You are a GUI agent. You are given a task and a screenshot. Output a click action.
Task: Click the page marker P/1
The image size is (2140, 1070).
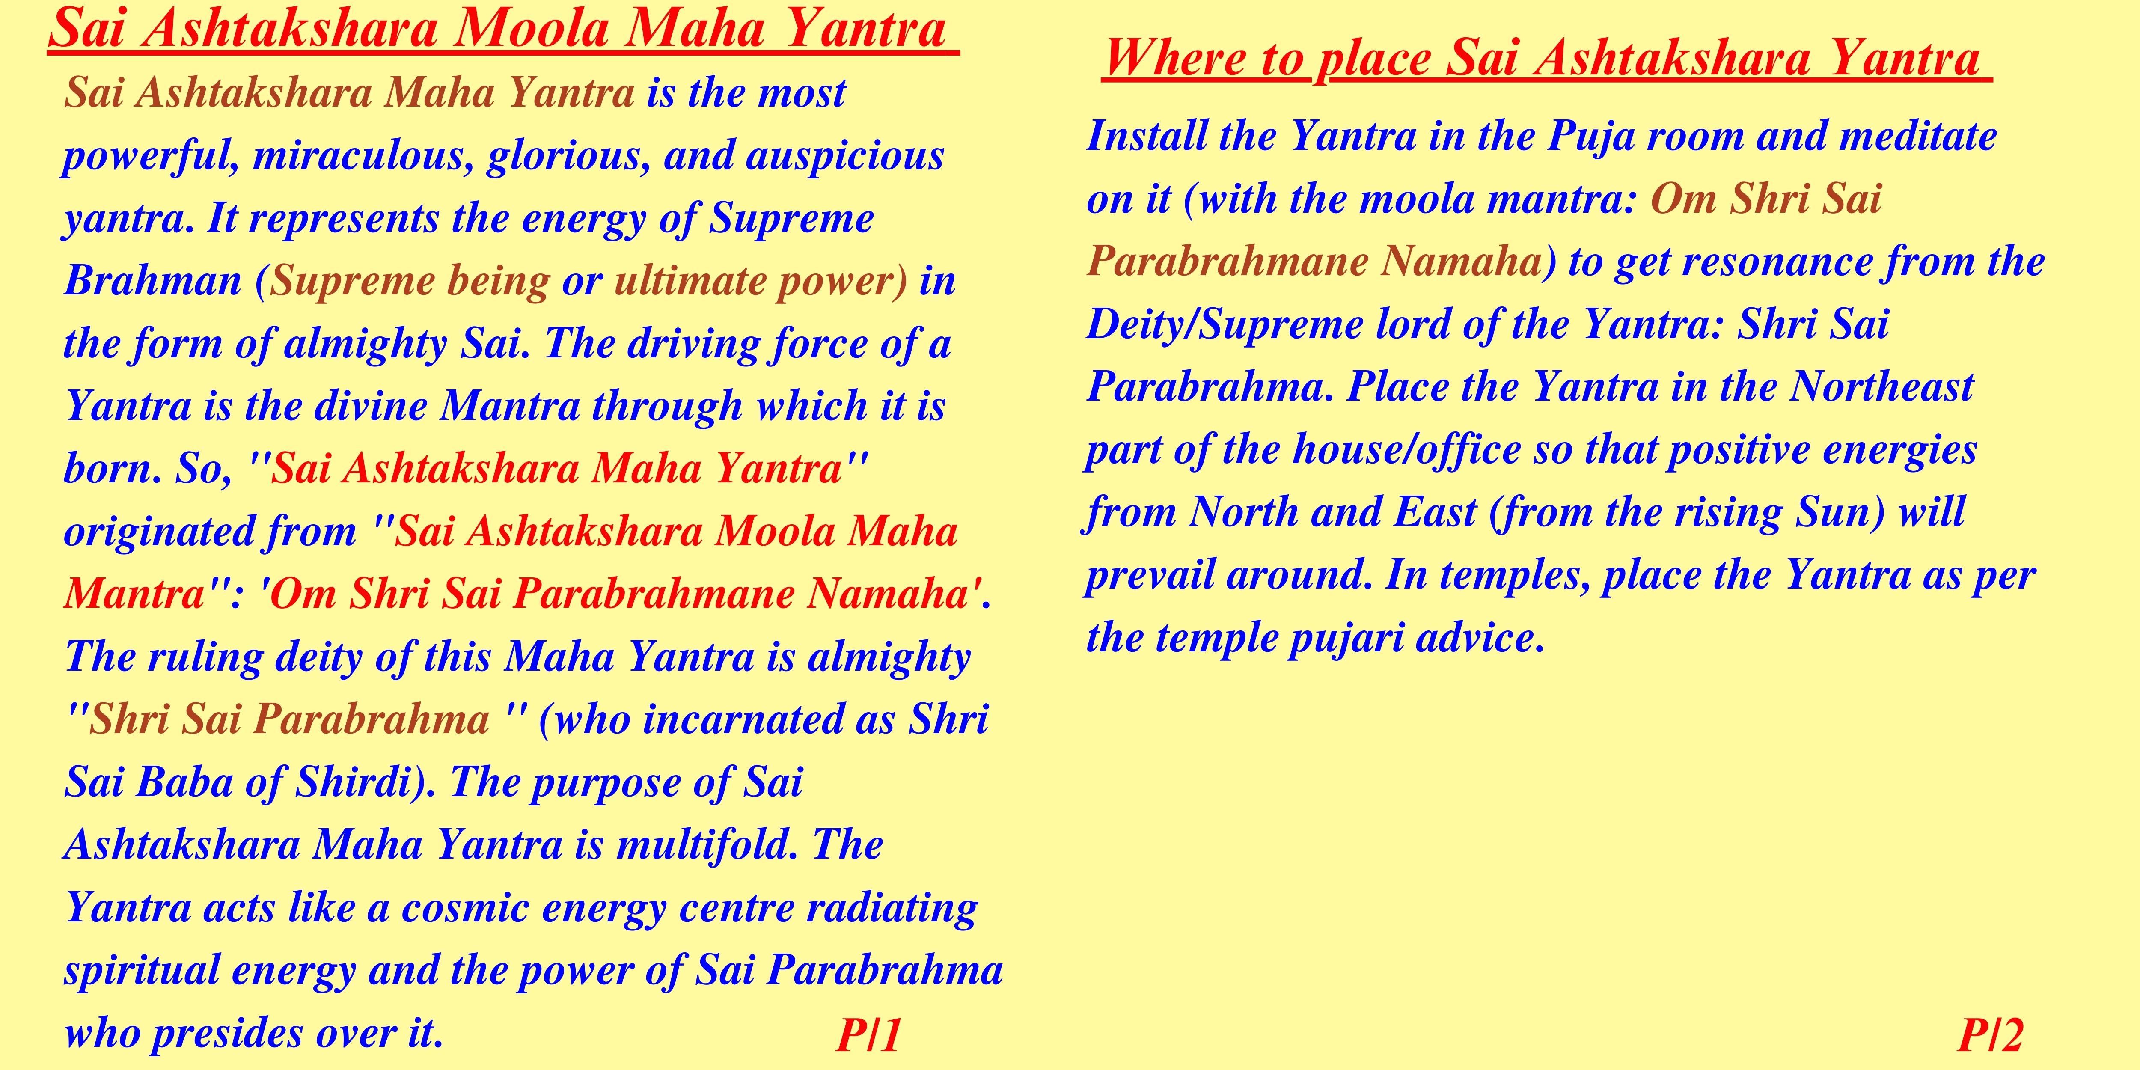[x=869, y=1035]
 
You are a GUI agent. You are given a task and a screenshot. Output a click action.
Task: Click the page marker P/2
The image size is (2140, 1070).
[x=1991, y=1035]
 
